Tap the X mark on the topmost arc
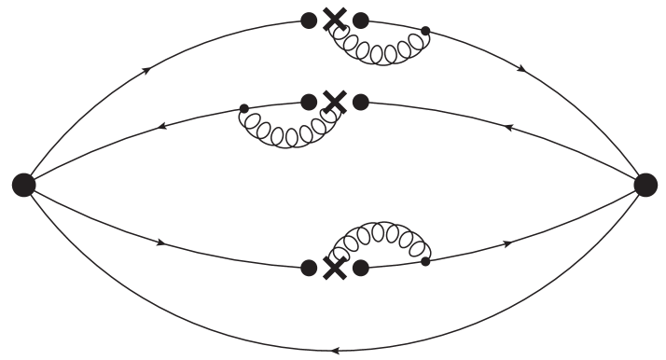pos(334,20)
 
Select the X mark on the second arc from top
pos(334,101)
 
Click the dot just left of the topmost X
pos(309,19)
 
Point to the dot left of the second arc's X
pos(309,101)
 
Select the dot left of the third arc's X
pos(309,268)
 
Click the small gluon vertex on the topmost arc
pos(426,31)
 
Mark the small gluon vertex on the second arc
pos(244,108)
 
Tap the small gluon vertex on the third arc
pos(426,261)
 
